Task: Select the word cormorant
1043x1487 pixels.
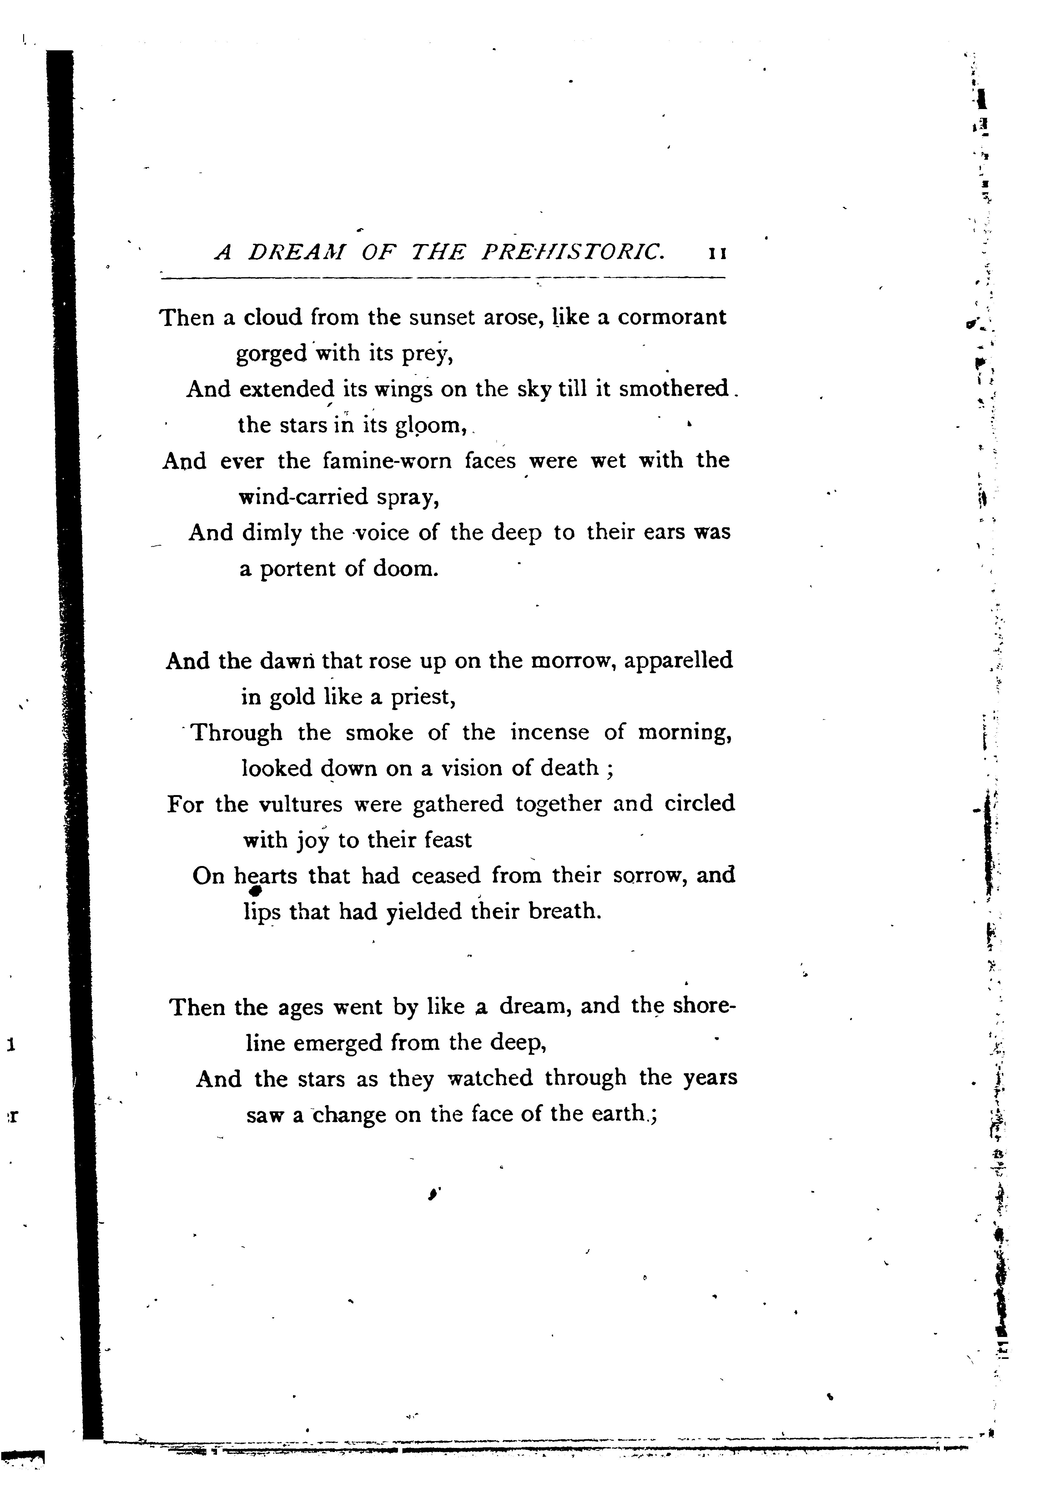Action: (672, 317)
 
